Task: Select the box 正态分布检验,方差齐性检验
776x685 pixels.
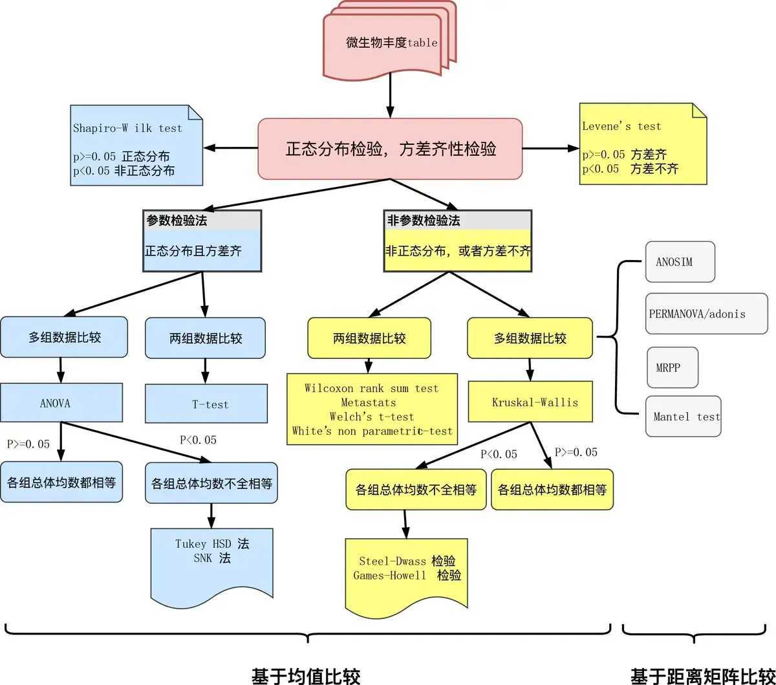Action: click(x=390, y=149)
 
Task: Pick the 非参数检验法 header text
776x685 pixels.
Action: click(x=424, y=221)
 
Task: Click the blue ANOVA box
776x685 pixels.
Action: click(x=61, y=404)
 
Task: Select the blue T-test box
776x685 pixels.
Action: click(x=206, y=404)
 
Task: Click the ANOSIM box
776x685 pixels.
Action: click(x=680, y=262)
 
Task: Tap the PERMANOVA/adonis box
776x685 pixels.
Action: click(x=706, y=314)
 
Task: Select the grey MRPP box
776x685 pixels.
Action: click(x=667, y=367)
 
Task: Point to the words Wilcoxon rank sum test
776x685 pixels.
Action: click(x=371, y=388)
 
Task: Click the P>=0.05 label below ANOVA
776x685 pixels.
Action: click(x=28, y=444)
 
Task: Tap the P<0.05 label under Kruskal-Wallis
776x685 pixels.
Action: click(x=499, y=454)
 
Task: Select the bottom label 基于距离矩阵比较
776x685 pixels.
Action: click(x=702, y=675)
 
